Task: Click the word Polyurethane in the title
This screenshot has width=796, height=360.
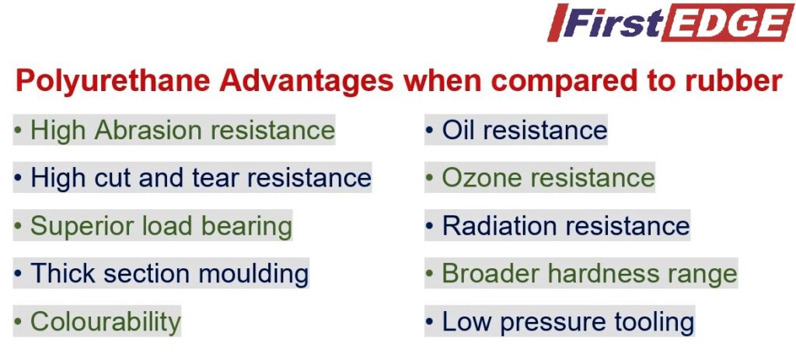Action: [x=113, y=81]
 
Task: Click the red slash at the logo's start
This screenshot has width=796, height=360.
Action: [x=557, y=23]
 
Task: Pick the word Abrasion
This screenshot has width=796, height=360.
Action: [x=148, y=130]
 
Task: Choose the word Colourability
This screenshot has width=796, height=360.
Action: [x=106, y=322]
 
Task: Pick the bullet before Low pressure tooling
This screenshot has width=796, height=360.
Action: [x=430, y=322]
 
